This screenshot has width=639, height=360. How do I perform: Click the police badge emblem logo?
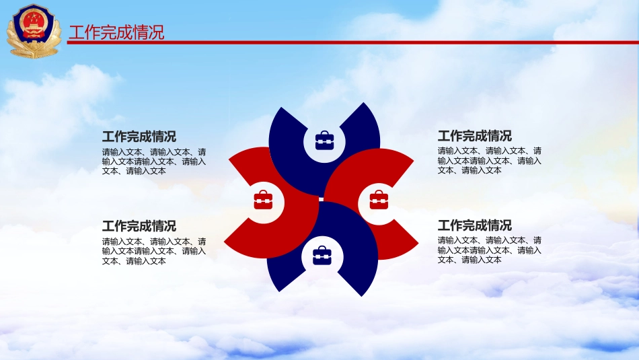click(34, 31)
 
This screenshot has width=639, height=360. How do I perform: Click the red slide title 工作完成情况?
click(116, 32)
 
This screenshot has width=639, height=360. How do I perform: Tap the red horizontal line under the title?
click(353, 42)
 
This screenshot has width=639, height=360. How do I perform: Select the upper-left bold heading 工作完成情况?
click(139, 136)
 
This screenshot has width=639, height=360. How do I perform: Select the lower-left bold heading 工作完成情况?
click(139, 226)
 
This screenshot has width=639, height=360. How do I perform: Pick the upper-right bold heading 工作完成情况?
click(475, 135)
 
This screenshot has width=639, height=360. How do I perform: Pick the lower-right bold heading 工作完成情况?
click(475, 225)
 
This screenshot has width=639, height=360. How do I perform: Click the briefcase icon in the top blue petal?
click(324, 141)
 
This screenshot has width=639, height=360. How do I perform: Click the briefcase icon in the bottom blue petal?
click(322, 256)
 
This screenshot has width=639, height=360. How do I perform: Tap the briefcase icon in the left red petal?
click(263, 200)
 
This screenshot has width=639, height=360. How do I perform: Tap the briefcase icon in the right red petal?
click(379, 200)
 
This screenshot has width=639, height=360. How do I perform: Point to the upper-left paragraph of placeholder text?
click(154, 161)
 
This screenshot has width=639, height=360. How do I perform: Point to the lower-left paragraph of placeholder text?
click(154, 251)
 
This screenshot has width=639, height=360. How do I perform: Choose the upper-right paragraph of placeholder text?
click(490, 161)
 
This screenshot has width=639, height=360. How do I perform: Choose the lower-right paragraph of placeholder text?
click(490, 250)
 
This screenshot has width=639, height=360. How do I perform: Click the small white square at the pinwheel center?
click(321, 199)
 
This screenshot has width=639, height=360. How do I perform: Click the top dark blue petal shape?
click(293, 163)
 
